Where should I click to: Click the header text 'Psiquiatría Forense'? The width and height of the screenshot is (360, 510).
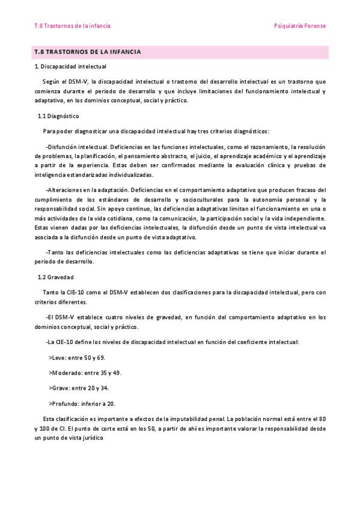[x=299, y=26]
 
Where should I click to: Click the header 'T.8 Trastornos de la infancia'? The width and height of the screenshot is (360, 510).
[x=72, y=26]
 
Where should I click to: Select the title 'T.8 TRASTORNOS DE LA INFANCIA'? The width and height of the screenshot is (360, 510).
[x=88, y=52]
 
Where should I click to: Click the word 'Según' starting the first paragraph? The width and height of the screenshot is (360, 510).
[x=51, y=81]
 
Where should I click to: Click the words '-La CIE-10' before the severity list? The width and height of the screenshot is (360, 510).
[x=61, y=342]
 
